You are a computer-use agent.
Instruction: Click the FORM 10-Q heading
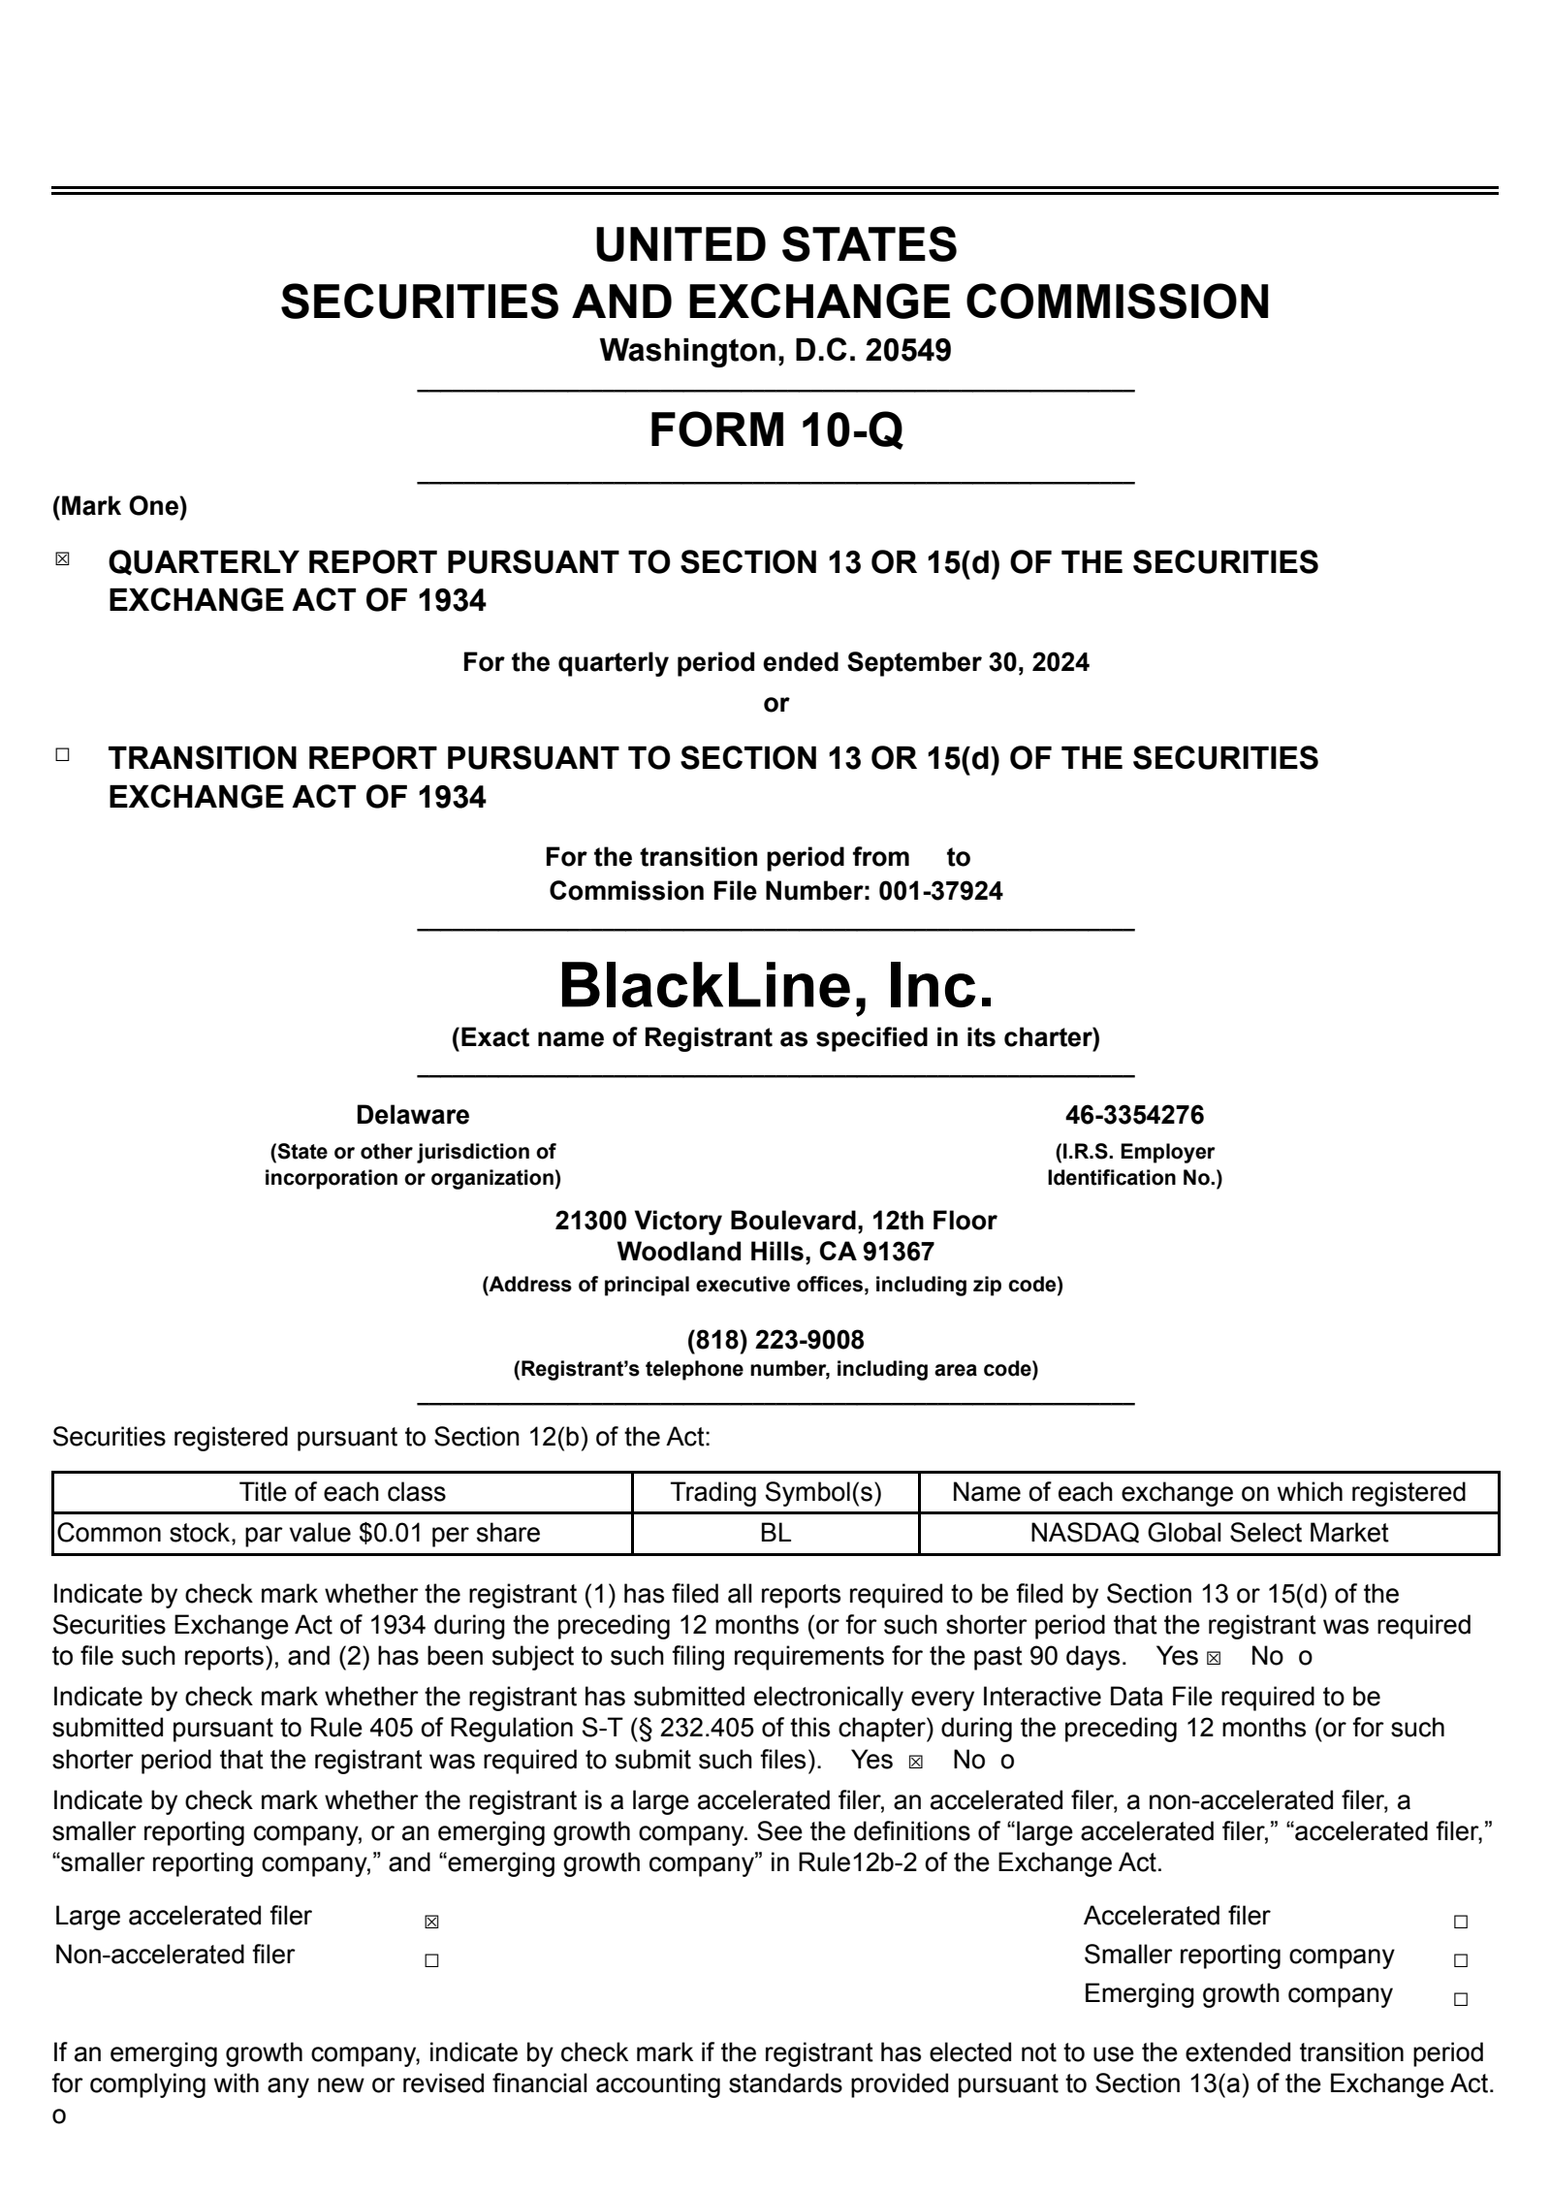[775, 429]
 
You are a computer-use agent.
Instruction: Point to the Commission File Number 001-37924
[940, 891]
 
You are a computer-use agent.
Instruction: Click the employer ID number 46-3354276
[1134, 1115]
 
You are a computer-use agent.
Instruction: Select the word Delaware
[412, 1115]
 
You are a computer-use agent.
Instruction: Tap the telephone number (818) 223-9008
[775, 1340]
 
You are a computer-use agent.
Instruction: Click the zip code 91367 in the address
[901, 1252]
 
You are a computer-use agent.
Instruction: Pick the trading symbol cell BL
[775, 1533]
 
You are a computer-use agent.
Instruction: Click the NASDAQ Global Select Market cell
[1208, 1533]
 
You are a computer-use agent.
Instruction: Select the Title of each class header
[342, 1492]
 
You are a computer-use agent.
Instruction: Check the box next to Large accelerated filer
[431, 1922]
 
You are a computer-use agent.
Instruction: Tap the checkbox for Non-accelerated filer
[431, 1960]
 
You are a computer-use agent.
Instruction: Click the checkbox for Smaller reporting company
[1461, 1960]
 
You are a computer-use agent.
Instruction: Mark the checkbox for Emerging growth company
[1461, 1999]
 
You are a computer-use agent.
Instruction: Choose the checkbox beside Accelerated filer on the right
[1461, 1922]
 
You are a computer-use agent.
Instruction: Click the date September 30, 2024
[967, 662]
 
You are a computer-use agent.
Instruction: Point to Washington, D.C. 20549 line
[775, 350]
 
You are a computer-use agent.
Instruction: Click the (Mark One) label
[119, 506]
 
